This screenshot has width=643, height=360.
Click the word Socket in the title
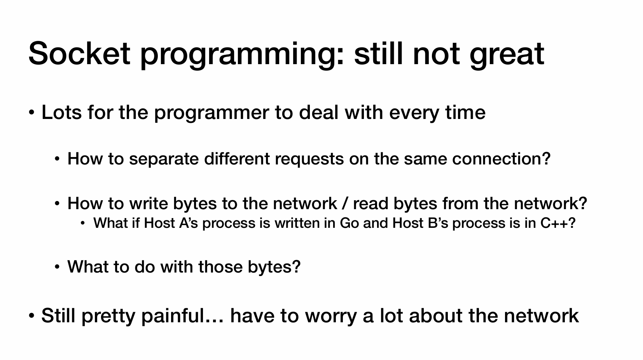(79, 54)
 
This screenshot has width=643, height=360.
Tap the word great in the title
(507, 56)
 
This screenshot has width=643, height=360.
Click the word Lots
(61, 112)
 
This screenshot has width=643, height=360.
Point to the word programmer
(211, 114)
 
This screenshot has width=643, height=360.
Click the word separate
(164, 159)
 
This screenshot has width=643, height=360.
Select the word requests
(309, 159)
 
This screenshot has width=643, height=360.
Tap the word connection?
(501, 159)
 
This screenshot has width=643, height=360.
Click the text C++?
(558, 223)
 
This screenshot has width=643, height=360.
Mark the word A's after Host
(189, 223)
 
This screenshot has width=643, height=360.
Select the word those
(220, 267)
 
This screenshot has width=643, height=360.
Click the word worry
(331, 317)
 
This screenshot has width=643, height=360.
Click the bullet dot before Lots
(31, 113)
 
